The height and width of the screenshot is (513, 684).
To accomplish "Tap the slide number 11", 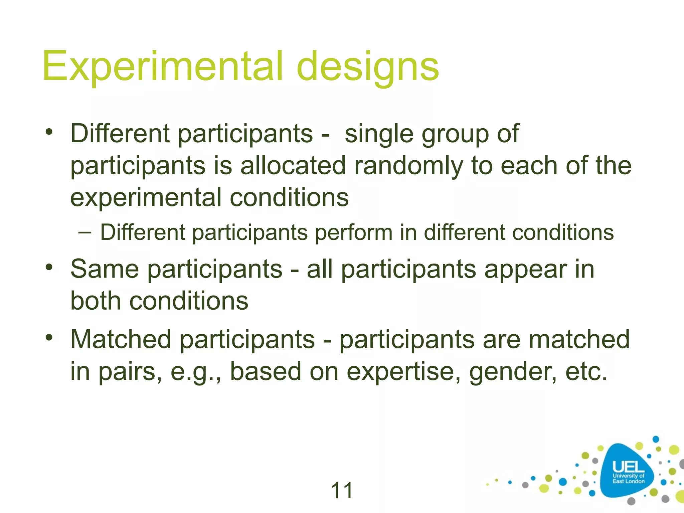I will (x=342, y=490).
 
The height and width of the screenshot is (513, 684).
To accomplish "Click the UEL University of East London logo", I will (x=628, y=472).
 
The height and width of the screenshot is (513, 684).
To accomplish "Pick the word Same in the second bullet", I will (x=105, y=269).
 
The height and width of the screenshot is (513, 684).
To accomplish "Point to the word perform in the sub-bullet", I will (x=354, y=232).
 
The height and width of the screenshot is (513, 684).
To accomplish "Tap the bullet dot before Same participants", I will (x=49, y=267).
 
